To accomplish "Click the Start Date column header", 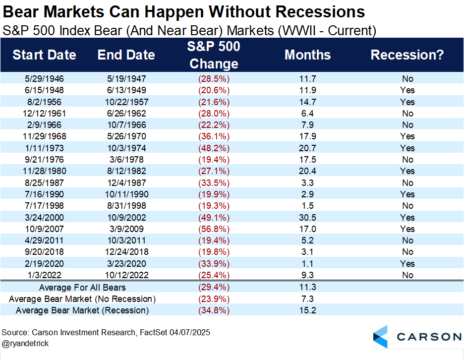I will (45, 55).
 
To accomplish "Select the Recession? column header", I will (407, 55).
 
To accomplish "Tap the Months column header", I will (307, 55).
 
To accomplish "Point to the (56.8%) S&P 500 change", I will (214, 229).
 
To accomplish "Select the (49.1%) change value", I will (214, 218).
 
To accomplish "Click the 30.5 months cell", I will (308, 218).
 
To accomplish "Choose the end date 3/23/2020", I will (127, 264).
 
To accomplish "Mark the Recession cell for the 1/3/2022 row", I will (408, 275).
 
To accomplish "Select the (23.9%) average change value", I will (214, 299).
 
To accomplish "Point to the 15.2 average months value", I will (308, 310).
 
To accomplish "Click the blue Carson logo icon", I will (381, 337).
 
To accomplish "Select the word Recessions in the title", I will (317, 12).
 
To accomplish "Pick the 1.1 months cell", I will (308, 264).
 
